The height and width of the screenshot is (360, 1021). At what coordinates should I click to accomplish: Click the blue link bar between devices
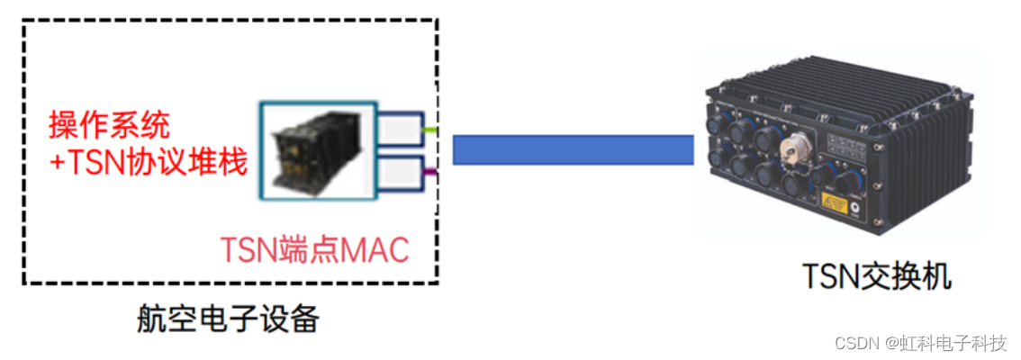[573, 149]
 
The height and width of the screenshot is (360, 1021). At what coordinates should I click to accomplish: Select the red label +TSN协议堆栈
[149, 162]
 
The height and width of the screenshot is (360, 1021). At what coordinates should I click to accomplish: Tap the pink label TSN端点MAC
[315, 248]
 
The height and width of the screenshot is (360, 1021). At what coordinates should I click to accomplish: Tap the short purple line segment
[430, 171]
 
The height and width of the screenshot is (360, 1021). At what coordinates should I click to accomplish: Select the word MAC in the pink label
[378, 248]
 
